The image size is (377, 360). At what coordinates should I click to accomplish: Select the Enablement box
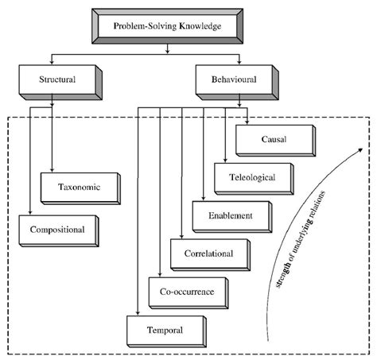pyautogui.click(x=233, y=215)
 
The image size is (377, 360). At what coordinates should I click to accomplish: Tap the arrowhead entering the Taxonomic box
pyautogui.click(x=52, y=176)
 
